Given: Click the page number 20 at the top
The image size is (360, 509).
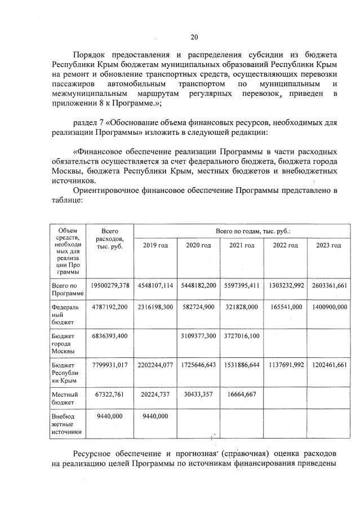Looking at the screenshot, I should point(194,37).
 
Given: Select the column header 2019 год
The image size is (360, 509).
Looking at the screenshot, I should point(155,245).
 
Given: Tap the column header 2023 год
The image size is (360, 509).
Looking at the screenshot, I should point(328,245).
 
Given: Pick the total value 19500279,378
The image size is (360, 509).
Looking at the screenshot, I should point(110,286).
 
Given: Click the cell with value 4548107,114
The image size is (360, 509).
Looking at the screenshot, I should point(155,286).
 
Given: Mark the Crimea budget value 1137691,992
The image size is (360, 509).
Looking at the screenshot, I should point(285,365).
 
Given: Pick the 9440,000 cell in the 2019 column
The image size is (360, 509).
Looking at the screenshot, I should point(155,416).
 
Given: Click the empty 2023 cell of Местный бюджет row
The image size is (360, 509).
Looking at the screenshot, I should point(328,398).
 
